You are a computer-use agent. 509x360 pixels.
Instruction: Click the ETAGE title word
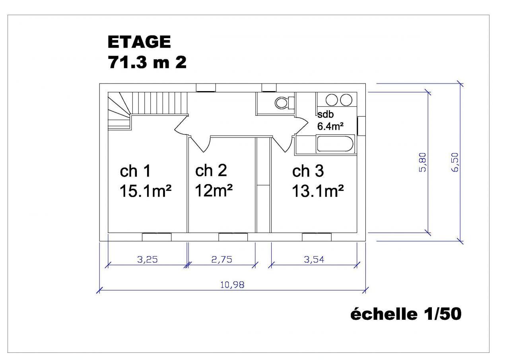tap(139, 42)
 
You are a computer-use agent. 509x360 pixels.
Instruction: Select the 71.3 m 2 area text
tap(147, 62)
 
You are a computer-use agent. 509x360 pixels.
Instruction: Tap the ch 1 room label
tap(135, 171)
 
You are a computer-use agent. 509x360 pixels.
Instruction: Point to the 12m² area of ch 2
tap(214, 191)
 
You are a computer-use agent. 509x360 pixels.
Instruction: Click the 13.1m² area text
tap(317, 191)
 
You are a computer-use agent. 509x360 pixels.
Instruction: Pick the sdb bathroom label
tap(325, 114)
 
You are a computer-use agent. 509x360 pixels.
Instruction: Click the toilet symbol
tap(284, 103)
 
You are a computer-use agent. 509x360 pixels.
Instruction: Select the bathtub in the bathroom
tap(335, 144)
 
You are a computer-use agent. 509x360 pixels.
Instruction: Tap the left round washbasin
tap(332, 100)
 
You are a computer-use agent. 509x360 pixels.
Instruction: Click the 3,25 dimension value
tap(147, 259)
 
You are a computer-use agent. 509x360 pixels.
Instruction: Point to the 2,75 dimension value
tap(222, 259)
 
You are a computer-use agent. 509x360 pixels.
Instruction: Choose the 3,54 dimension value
tap(314, 259)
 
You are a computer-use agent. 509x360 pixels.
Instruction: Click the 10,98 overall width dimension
tap(232, 285)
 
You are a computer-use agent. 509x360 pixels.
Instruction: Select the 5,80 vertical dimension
tap(422, 162)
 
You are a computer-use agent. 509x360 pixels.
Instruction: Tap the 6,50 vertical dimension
tap(455, 162)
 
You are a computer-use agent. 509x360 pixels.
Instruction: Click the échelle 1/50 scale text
tap(406, 314)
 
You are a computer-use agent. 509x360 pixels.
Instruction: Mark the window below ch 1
tap(157, 237)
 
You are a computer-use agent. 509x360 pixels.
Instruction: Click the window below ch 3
tap(317, 237)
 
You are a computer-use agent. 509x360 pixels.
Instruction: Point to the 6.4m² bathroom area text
tap(330, 126)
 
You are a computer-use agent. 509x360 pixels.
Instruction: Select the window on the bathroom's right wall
tap(361, 126)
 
